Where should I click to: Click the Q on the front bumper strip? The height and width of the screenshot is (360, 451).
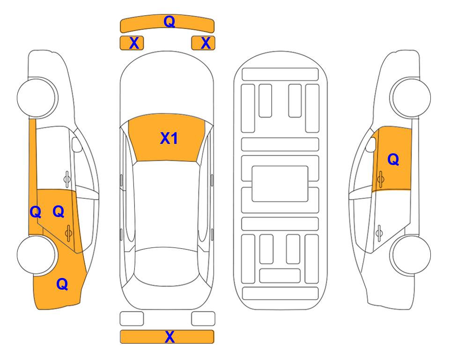[x=170, y=22]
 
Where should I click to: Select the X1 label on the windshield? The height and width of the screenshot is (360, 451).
[x=169, y=138]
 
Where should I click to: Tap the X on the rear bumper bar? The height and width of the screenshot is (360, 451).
[x=170, y=337]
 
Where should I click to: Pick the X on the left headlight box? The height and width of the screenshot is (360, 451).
[x=134, y=43]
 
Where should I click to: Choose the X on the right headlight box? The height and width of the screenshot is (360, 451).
[x=206, y=43]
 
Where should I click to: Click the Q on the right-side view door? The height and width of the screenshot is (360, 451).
[x=393, y=159]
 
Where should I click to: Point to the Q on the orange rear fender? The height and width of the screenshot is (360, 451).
[x=62, y=284]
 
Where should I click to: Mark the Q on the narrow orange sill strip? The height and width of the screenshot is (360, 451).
[x=36, y=212]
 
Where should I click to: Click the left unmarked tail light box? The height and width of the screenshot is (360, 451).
[x=132, y=319]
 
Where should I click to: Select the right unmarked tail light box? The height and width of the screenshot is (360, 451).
[x=203, y=319]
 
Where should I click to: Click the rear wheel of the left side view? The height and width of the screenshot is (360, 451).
[x=36, y=255]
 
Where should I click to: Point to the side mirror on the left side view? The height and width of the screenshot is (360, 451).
[x=77, y=144]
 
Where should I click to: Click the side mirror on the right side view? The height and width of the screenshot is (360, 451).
[x=371, y=144]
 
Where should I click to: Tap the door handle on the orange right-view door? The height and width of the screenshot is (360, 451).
[x=380, y=179]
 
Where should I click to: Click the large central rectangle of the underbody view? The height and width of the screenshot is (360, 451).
[x=280, y=184]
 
